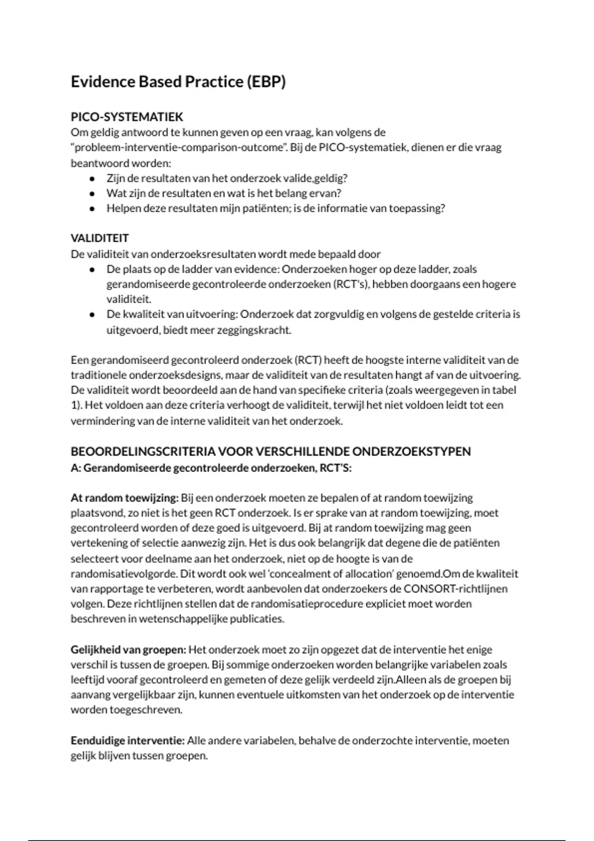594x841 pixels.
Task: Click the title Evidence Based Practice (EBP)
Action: click(178, 82)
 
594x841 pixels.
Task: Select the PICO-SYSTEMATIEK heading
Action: click(127, 117)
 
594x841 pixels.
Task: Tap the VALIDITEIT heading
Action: click(99, 238)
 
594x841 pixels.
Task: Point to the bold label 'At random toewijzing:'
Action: click(124, 498)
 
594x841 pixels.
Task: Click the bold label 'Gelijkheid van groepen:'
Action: click(128, 650)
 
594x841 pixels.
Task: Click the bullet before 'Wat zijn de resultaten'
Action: click(92, 193)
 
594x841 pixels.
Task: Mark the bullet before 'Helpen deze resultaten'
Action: click(92, 209)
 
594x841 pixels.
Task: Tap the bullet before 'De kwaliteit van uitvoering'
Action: click(92, 315)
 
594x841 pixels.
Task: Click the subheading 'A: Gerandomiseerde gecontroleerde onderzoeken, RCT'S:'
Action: click(211, 467)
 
